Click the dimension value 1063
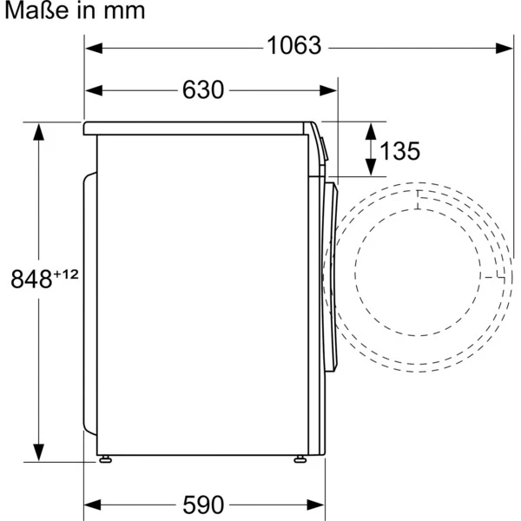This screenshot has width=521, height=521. (x=294, y=45)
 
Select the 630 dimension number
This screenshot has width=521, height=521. (x=203, y=89)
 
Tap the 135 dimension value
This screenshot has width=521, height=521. (x=399, y=151)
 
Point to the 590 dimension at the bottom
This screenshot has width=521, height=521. (x=203, y=505)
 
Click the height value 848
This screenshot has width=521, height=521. (x=31, y=279)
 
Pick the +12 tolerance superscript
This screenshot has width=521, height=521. (x=66, y=274)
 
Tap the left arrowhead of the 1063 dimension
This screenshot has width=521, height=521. (x=94, y=48)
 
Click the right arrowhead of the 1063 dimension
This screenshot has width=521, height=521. (x=504, y=48)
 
